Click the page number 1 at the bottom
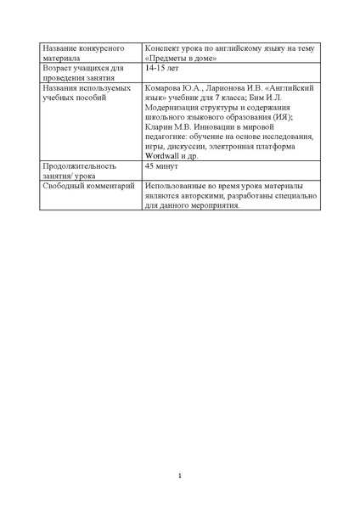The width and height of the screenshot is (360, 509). [180, 475]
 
